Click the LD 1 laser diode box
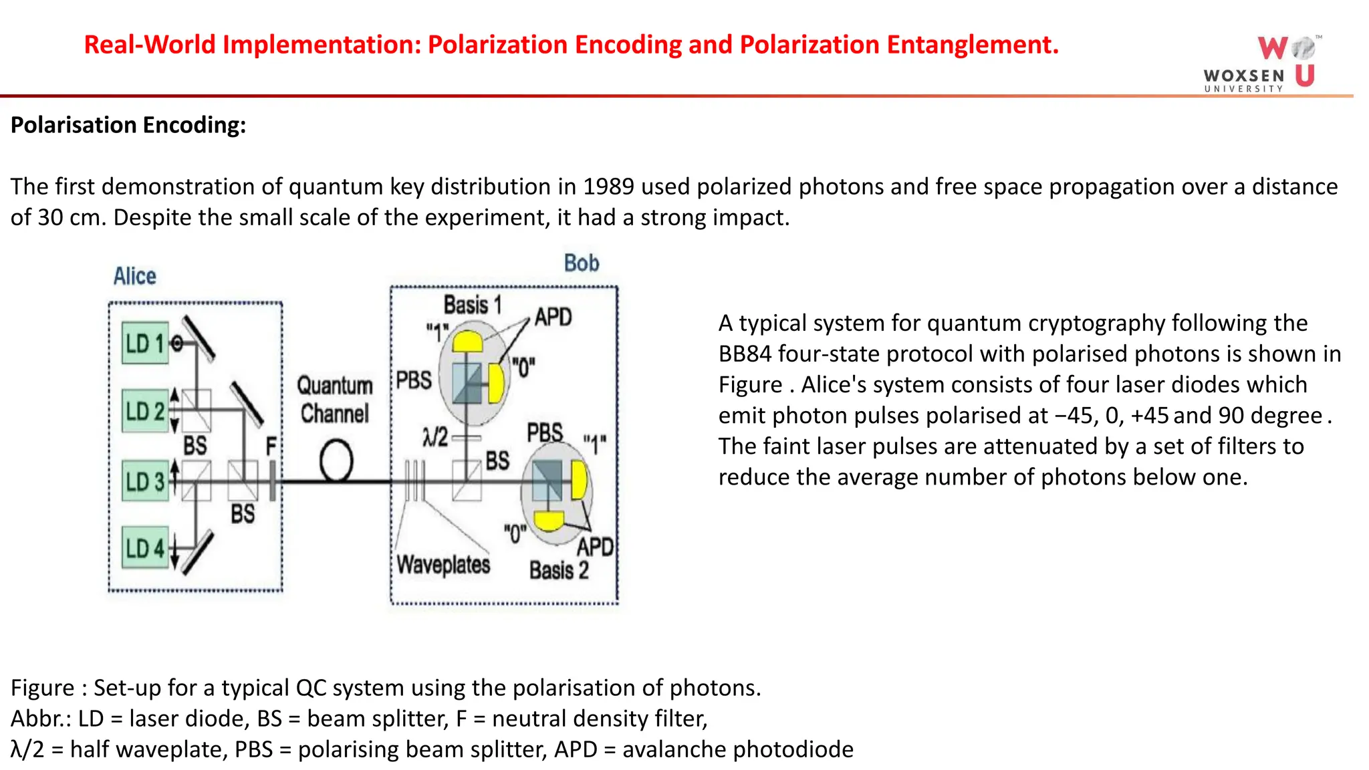pos(144,343)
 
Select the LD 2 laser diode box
pos(144,410)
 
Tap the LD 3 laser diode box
pos(144,481)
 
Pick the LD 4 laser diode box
pos(144,547)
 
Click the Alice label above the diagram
pos(134,276)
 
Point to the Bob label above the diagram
pos(581,263)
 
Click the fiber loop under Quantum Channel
pos(336,461)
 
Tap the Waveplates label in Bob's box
pos(443,565)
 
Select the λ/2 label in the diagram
pos(435,437)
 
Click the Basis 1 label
pos(472,305)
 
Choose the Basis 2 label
pos(559,570)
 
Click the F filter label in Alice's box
pos(271,446)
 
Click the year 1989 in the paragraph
pos(608,186)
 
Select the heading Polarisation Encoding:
pos(128,125)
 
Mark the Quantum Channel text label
pos(334,400)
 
